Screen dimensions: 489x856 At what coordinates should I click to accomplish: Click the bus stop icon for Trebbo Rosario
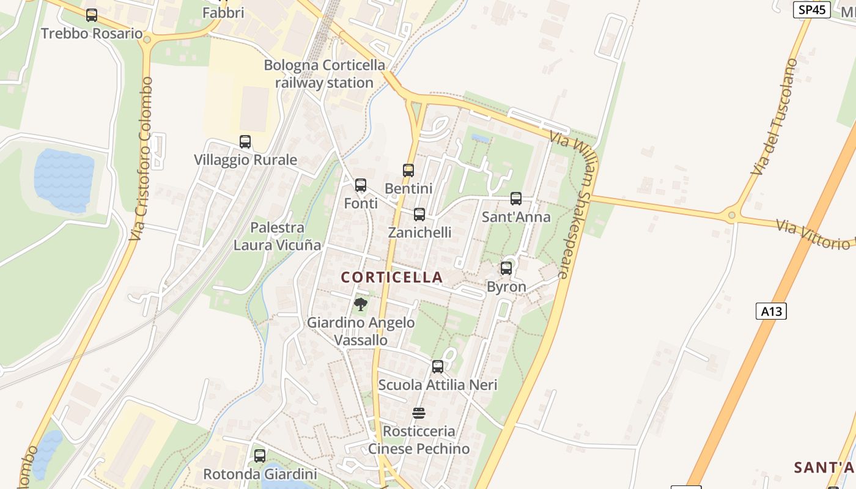coord(92,15)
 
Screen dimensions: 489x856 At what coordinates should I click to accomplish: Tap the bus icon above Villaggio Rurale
coord(245,142)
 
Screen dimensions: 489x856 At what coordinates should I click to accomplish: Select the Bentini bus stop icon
coord(408,171)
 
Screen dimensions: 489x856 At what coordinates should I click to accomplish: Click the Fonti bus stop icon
coord(361,185)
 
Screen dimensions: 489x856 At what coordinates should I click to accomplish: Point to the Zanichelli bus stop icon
coord(419,215)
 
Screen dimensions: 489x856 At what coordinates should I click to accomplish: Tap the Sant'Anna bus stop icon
coord(516,199)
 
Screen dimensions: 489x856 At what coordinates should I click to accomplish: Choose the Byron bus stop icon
coord(506,268)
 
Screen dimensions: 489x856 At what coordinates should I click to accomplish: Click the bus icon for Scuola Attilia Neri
coord(438,367)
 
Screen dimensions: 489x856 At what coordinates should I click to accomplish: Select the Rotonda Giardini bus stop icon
coord(260,455)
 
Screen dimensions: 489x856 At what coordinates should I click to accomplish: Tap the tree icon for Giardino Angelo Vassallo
coord(361,304)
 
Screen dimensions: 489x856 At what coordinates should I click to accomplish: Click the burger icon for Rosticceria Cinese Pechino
coord(419,413)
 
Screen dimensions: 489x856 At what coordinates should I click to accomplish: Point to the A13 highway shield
coord(771,311)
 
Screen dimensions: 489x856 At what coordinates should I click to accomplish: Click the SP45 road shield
coord(811,10)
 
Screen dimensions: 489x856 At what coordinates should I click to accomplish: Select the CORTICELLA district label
coord(392,278)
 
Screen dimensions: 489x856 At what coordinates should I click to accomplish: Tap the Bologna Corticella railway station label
coord(325,74)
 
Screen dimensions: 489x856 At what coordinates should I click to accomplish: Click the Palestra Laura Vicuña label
coord(277,237)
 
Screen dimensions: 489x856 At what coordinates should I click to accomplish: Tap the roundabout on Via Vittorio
coord(731,215)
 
